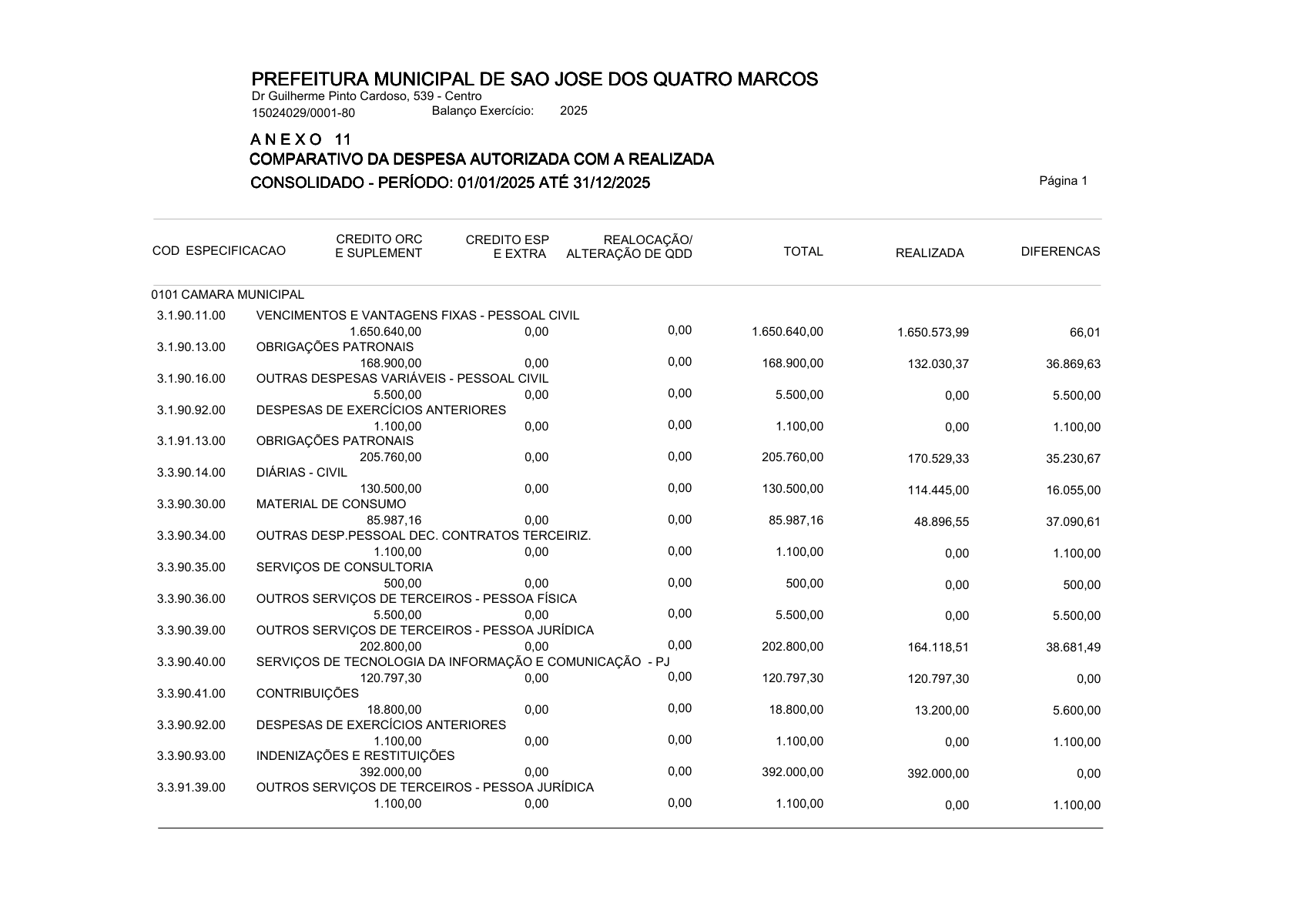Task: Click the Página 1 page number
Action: [1063, 181]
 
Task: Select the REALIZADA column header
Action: [929, 253]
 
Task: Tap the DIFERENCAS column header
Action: [1060, 252]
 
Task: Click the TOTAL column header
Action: [803, 252]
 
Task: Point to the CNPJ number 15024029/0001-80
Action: [303, 113]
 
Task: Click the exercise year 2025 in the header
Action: [573, 111]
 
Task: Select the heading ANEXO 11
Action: [301, 139]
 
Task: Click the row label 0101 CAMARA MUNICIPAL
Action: [228, 295]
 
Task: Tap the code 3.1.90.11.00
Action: [191, 316]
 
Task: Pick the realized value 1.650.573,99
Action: [933, 333]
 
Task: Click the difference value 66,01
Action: [1084, 333]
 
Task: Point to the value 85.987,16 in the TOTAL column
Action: [796, 520]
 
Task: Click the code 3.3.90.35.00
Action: [191, 567]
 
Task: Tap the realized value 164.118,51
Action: [938, 648]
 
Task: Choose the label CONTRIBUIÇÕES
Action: [307, 694]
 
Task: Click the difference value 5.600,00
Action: [1076, 711]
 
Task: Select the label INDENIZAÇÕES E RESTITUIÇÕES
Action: [355, 756]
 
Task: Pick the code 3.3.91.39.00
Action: [191, 788]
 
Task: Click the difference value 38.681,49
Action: [1073, 648]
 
